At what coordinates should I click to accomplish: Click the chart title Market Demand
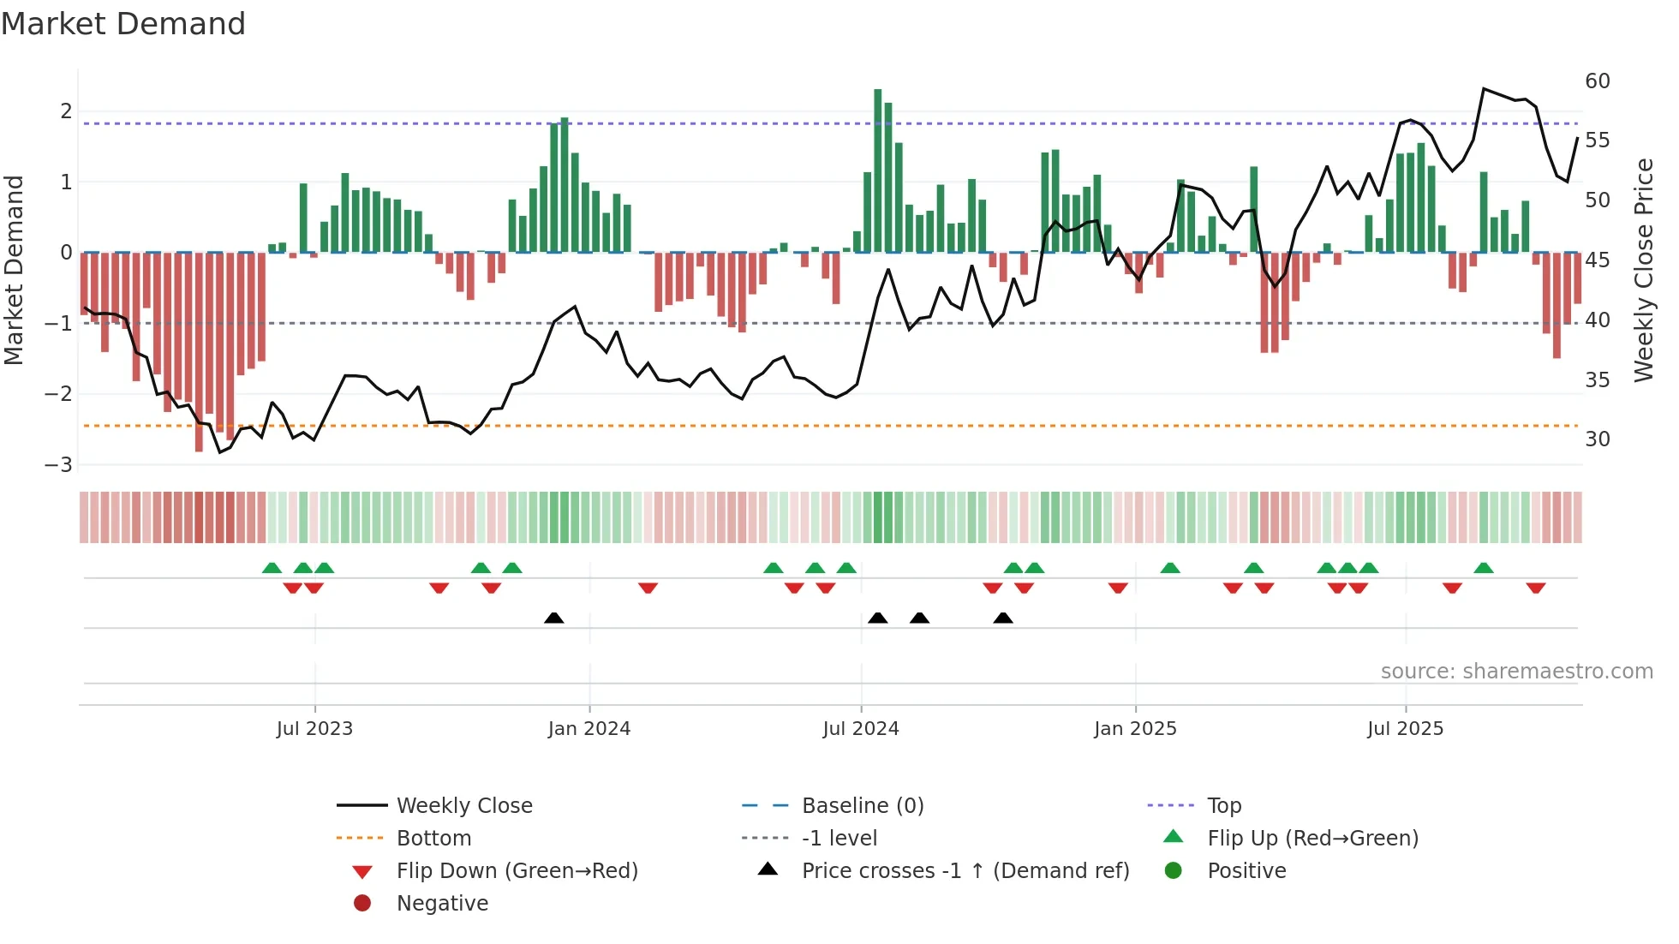[x=123, y=24]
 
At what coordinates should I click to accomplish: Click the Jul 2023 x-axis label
[x=314, y=729]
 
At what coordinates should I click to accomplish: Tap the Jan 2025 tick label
[x=1135, y=729]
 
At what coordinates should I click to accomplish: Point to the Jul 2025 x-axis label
[x=1405, y=729]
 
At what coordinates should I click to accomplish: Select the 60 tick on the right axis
[x=1597, y=81]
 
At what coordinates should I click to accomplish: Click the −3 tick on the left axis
[x=59, y=464]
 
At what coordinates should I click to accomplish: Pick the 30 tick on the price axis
[x=1597, y=439]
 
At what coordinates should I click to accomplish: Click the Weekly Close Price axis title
[x=1643, y=270]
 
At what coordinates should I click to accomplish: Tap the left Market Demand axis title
[x=14, y=270]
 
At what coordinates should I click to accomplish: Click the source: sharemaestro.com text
[x=1516, y=672]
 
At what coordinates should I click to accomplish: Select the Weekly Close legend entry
[x=463, y=806]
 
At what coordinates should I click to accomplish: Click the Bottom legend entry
[x=433, y=839]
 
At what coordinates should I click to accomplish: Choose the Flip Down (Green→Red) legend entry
[x=517, y=871]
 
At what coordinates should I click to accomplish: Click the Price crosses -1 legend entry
[x=965, y=871]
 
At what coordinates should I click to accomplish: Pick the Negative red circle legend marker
[x=362, y=904]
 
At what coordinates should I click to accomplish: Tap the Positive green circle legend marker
[x=1174, y=871]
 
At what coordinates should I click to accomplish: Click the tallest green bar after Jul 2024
[x=877, y=171]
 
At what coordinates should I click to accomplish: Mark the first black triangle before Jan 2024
[x=554, y=618]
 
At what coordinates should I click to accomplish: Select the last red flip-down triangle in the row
[x=1535, y=588]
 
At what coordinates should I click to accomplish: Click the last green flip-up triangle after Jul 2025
[x=1484, y=568]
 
